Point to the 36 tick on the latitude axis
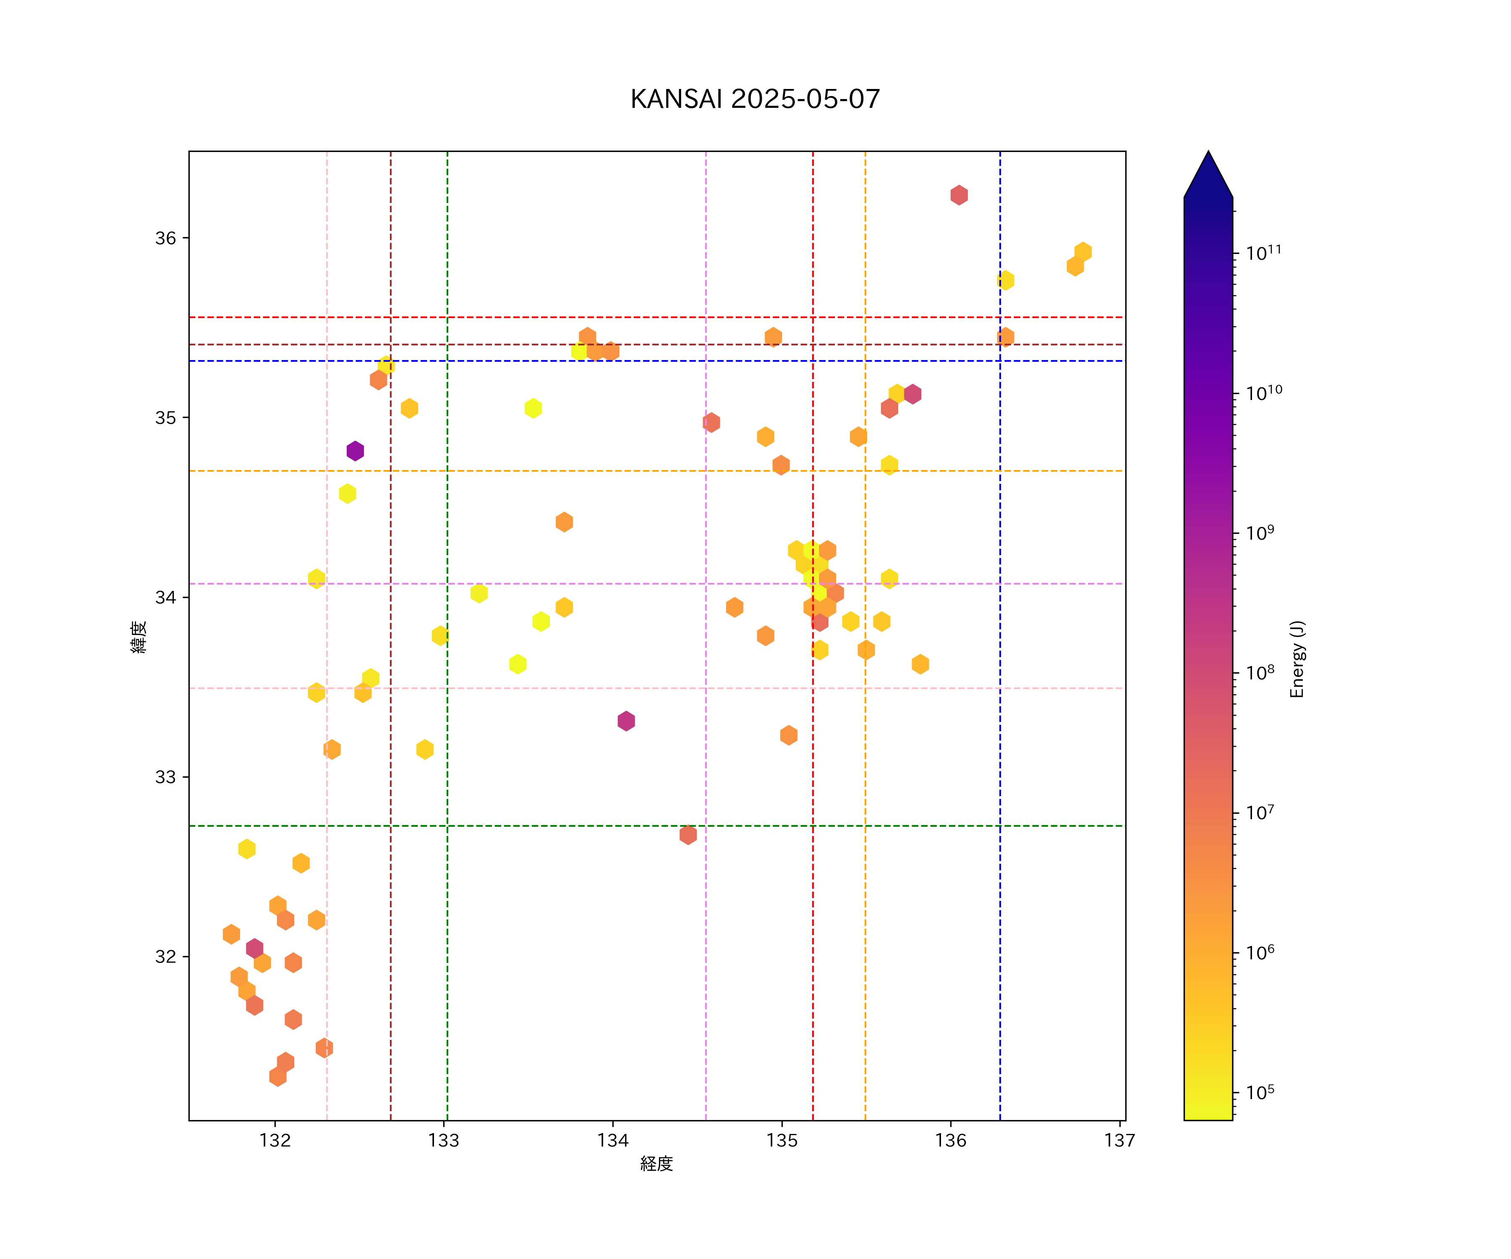pyautogui.click(x=165, y=238)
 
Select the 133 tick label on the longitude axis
pyautogui.click(x=444, y=1140)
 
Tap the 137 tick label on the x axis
pyautogui.click(x=1119, y=1140)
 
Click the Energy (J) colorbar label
pyautogui.click(x=1297, y=659)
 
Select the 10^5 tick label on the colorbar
pyautogui.click(x=1260, y=1092)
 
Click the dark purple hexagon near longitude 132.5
pyautogui.click(x=355, y=451)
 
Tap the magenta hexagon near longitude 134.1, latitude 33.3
pyautogui.click(x=626, y=721)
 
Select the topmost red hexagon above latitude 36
pyautogui.click(x=958, y=195)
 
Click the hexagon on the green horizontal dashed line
pyautogui.click(x=688, y=835)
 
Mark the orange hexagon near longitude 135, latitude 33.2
pyautogui.click(x=789, y=735)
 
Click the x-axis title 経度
pyautogui.click(x=656, y=1163)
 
